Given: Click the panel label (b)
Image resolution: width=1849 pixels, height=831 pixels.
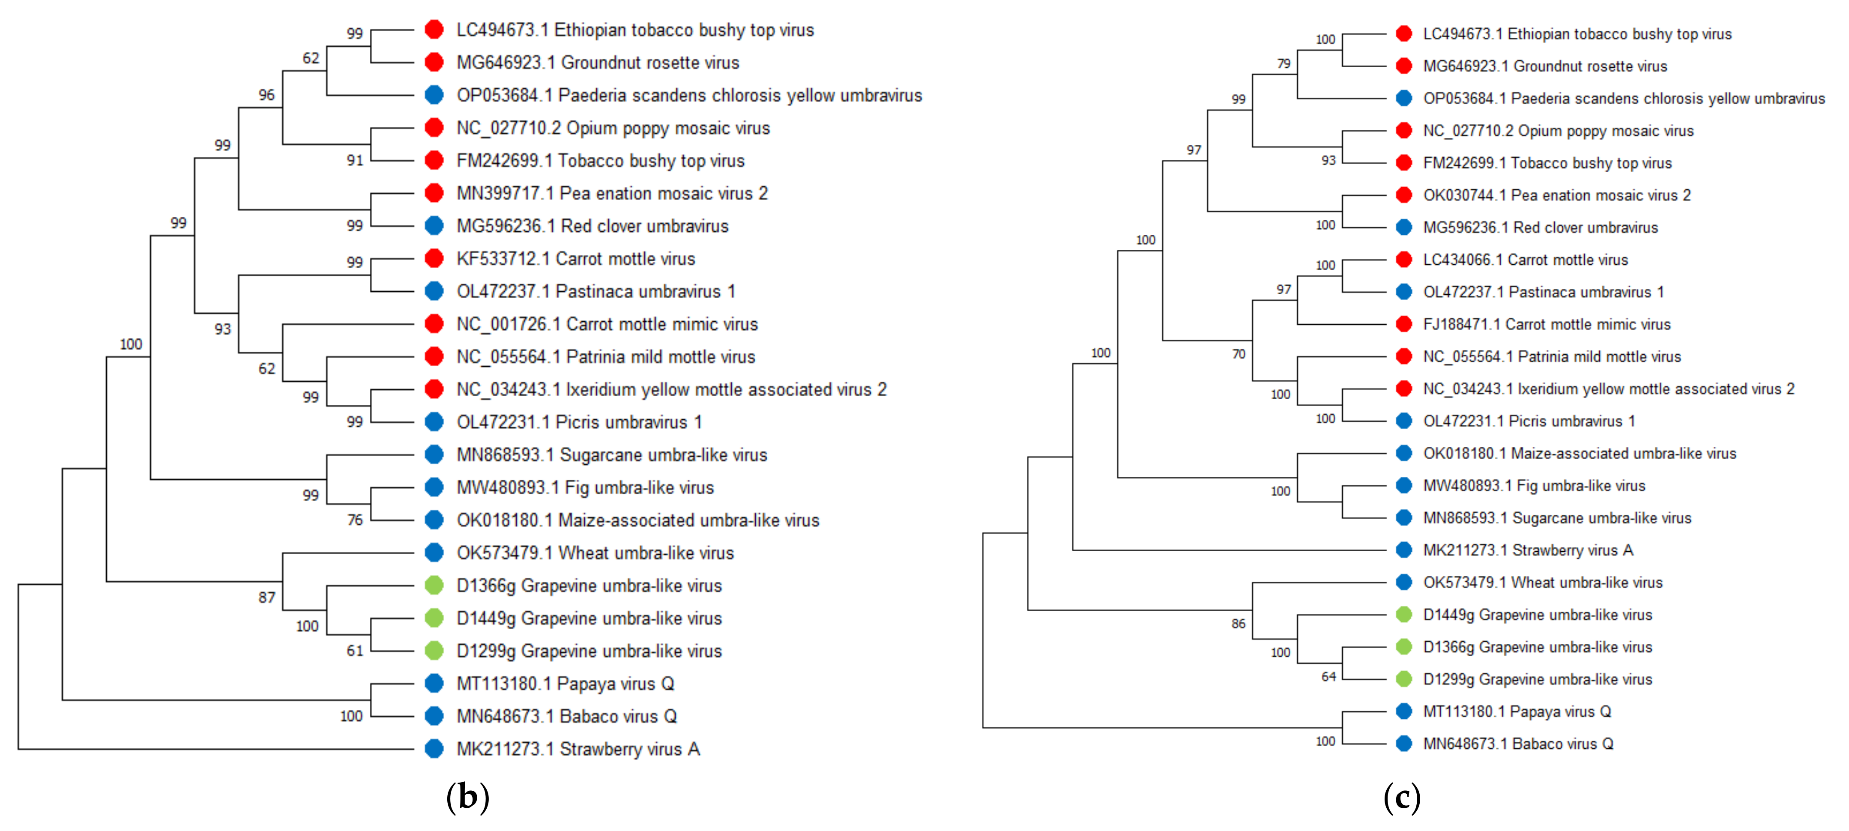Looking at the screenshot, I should (x=467, y=797).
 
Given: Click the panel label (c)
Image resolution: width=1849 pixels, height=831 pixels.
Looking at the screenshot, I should (x=1401, y=797).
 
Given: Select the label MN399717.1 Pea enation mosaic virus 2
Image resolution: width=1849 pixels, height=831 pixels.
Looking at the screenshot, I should (x=611, y=194).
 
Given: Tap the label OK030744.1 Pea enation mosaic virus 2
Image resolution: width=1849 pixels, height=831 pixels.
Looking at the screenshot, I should (x=1556, y=195).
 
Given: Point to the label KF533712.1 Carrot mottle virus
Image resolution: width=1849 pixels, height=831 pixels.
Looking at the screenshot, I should (x=576, y=259).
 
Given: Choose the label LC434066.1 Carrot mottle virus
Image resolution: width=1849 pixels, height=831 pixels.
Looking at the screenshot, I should (x=1525, y=260).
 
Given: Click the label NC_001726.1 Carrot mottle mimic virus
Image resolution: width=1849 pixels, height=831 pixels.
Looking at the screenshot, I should (x=607, y=324).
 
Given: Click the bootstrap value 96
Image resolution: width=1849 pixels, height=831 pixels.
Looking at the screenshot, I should (x=266, y=95).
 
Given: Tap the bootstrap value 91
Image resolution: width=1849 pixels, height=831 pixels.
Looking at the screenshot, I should (x=355, y=160).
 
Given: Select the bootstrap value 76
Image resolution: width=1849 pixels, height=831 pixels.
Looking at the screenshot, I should (x=355, y=520).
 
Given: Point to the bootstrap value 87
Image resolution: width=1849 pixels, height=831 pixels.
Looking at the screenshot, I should (x=266, y=597).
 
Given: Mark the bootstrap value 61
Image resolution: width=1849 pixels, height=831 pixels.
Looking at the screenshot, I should (x=355, y=651).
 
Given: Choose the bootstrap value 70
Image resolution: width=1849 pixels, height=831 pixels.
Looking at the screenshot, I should (x=1239, y=354).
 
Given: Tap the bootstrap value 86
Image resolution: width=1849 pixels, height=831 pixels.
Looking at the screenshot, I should (x=1239, y=624).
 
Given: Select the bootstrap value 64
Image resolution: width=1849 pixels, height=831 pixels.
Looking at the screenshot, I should (x=1328, y=677).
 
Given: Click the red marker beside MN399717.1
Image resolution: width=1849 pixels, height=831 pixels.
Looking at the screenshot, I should (x=434, y=193).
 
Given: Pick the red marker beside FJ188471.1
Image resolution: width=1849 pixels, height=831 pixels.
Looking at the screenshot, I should (x=1404, y=324).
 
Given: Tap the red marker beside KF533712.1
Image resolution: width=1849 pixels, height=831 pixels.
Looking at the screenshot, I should (x=434, y=258).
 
